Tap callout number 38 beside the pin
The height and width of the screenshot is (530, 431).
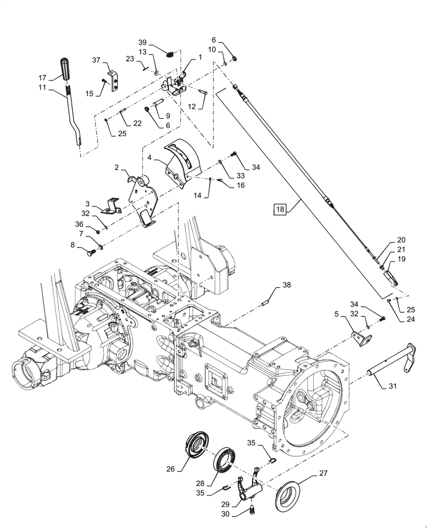(286, 285)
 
